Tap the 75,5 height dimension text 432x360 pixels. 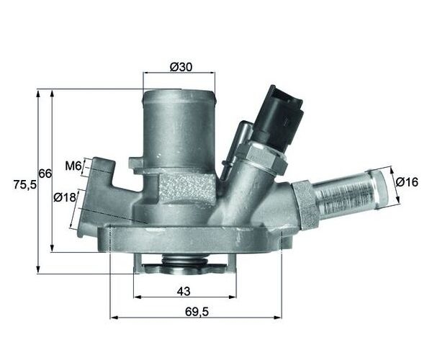[x=24, y=185]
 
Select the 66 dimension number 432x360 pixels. [x=45, y=174]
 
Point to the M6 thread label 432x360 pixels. [x=73, y=166]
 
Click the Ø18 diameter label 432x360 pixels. [x=65, y=197]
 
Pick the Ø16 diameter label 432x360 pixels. [x=407, y=181]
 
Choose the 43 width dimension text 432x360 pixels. [x=184, y=291]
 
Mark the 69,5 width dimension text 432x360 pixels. [x=197, y=312]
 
